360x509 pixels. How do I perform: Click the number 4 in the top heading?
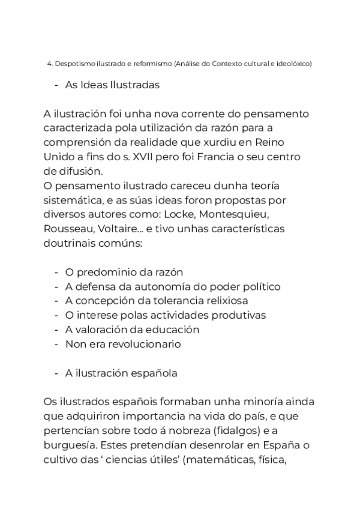point(48,64)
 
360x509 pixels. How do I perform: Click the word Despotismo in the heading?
point(69,64)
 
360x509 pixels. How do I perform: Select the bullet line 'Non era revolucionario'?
point(123,344)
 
